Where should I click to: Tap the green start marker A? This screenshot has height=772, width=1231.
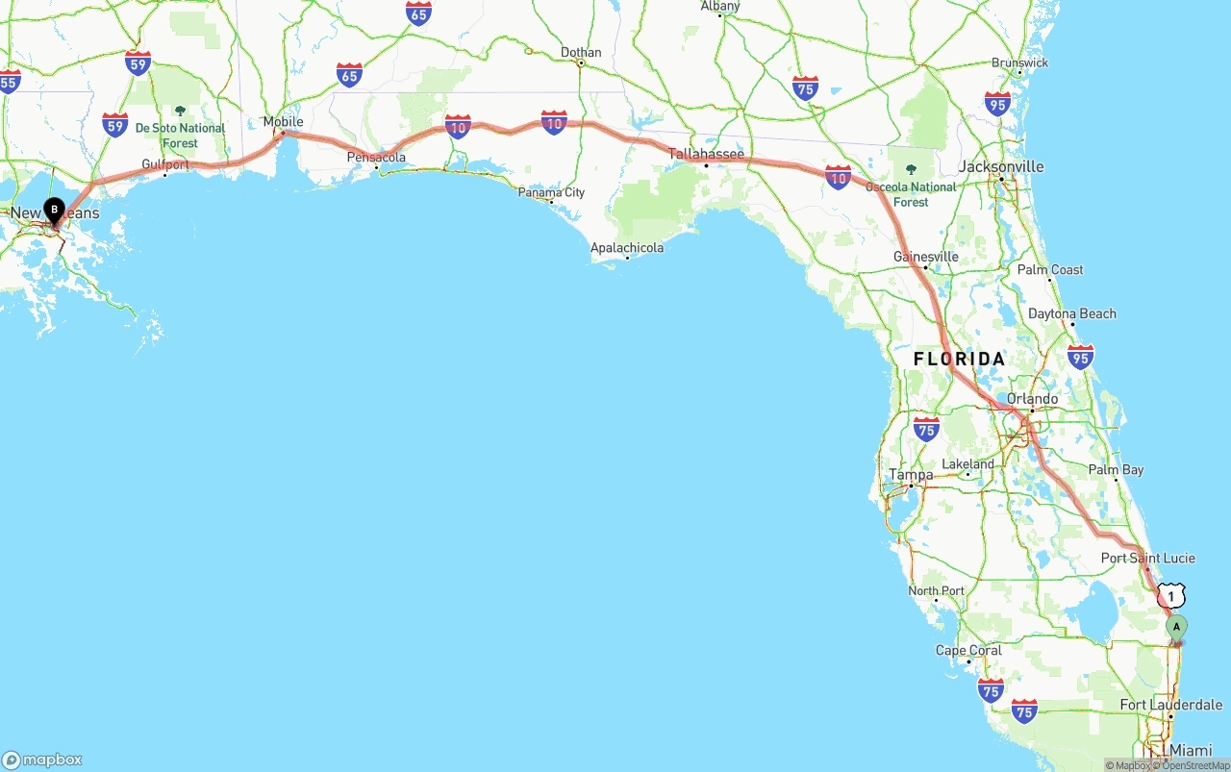point(1176,628)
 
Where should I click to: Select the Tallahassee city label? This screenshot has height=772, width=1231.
point(707,154)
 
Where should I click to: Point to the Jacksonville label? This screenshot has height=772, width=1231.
point(1001,166)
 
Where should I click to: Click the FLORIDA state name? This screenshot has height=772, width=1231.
point(959,359)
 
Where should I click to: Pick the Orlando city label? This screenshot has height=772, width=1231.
point(1032,398)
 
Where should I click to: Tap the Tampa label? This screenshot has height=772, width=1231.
point(910,474)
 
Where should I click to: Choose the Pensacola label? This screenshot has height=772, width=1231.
point(376,157)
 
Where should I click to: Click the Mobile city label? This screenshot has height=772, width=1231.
point(283,122)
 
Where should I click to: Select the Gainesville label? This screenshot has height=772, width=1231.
point(925,257)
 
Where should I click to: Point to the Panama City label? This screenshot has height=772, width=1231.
point(551,192)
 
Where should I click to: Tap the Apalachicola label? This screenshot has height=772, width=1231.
point(627,248)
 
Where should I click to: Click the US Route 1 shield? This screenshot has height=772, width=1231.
point(1170,596)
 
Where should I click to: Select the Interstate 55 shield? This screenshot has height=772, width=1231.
point(9,82)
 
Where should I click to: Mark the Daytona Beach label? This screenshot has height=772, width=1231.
point(1071,313)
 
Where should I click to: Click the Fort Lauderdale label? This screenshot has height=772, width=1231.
point(1170,705)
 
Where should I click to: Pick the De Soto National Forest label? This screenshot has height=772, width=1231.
point(180,135)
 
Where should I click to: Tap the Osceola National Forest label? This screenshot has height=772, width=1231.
point(910,193)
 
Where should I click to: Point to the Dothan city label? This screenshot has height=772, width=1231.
point(581,53)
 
